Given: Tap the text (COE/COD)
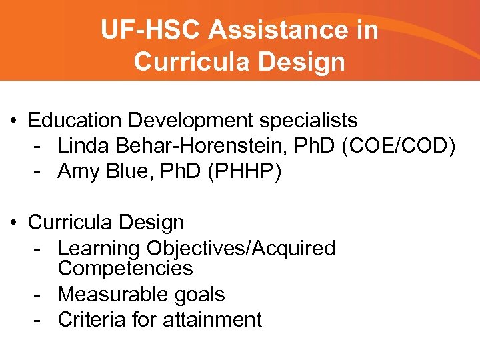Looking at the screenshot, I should [x=398, y=146].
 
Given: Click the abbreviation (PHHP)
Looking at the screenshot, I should [x=245, y=171].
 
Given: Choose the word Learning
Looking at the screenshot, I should [x=99, y=249].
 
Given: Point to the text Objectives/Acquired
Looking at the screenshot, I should [x=241, y=249].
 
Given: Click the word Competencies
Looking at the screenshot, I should [x=125, y=269].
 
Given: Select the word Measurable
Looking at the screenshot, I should [x=109, y=294].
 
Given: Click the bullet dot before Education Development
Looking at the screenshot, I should [x=14, y=121].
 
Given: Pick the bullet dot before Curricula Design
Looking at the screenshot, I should [x=14, y=221].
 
